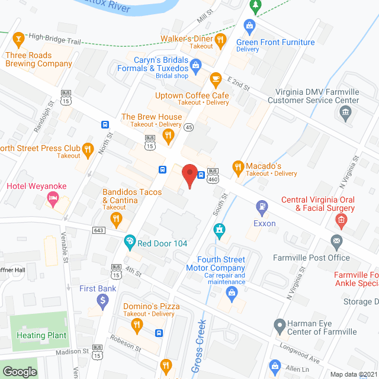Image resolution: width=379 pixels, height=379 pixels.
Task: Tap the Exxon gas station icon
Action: click(x=261, y=207)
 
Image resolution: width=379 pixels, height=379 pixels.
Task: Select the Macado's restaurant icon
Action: click(x=238, y=168)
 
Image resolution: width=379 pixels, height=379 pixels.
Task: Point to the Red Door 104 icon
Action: click(x=130, y=242)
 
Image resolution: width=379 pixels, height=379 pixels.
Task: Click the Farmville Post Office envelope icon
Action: click(x=336, y=241)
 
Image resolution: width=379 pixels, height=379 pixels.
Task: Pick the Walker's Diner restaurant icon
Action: click(x=221, y=40)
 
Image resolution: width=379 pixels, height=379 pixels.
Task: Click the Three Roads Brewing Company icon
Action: click(x=18, y=40)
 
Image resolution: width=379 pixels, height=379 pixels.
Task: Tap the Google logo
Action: click(x=20, y=371)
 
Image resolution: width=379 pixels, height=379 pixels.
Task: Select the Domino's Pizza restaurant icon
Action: click(x=137, y=324)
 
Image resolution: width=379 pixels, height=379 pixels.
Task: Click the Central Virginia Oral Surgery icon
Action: click(x=341, y=221)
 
